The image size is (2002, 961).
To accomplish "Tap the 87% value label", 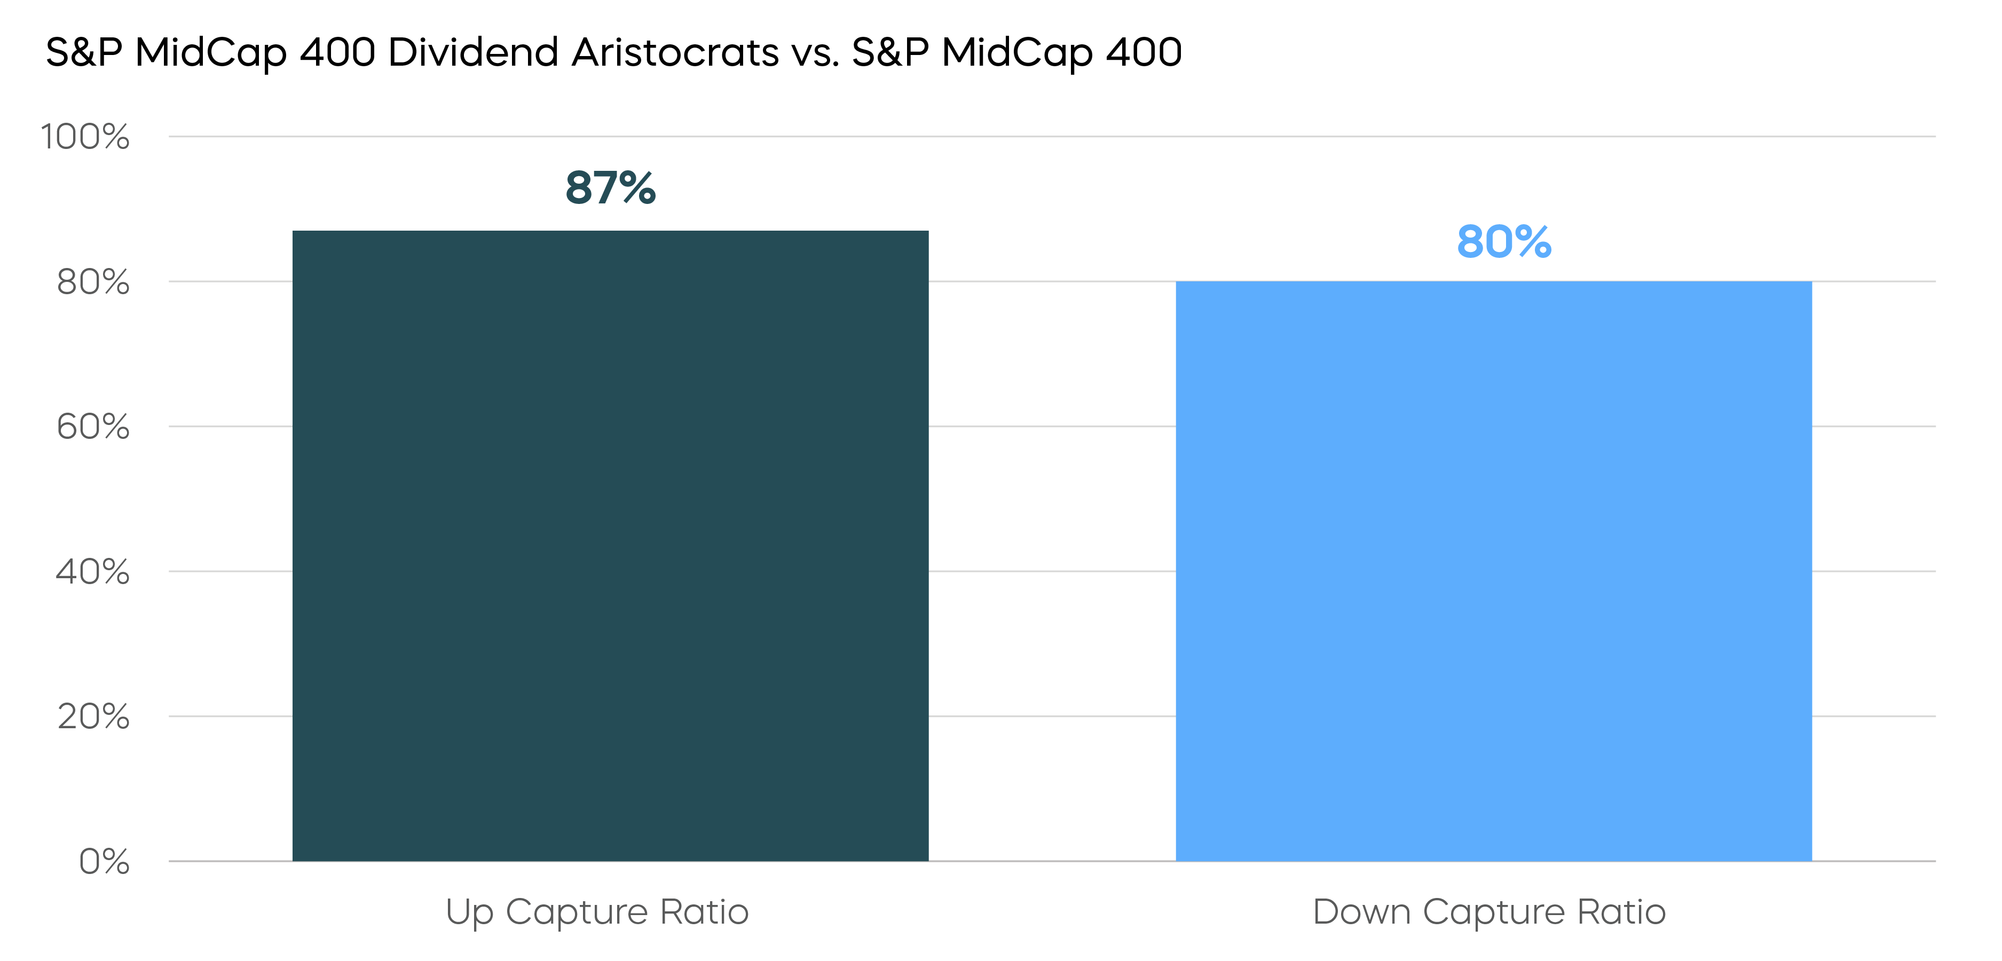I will click(x=610, y=188).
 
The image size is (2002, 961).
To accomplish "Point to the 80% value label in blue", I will click(x=1504, y=242).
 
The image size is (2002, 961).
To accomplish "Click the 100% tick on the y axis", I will click(x=85, y=137).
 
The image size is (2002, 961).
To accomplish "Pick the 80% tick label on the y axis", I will click(x=92, y=281).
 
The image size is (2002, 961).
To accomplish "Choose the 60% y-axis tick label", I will click(x=92, y=426).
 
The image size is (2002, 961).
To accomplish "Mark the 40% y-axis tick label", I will click(x=92, y=571).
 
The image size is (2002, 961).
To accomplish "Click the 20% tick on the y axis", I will click(x=92, y=716).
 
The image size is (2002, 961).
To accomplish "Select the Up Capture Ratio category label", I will click(x=596, y=911).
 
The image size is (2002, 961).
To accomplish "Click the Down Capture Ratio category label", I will click(x=1488, y=911).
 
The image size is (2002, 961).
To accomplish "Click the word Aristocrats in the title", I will click(x=675, y=53).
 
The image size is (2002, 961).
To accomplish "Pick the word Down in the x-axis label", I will click(x=1361, y=911).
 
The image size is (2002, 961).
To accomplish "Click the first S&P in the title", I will click(x=84, y=53).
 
